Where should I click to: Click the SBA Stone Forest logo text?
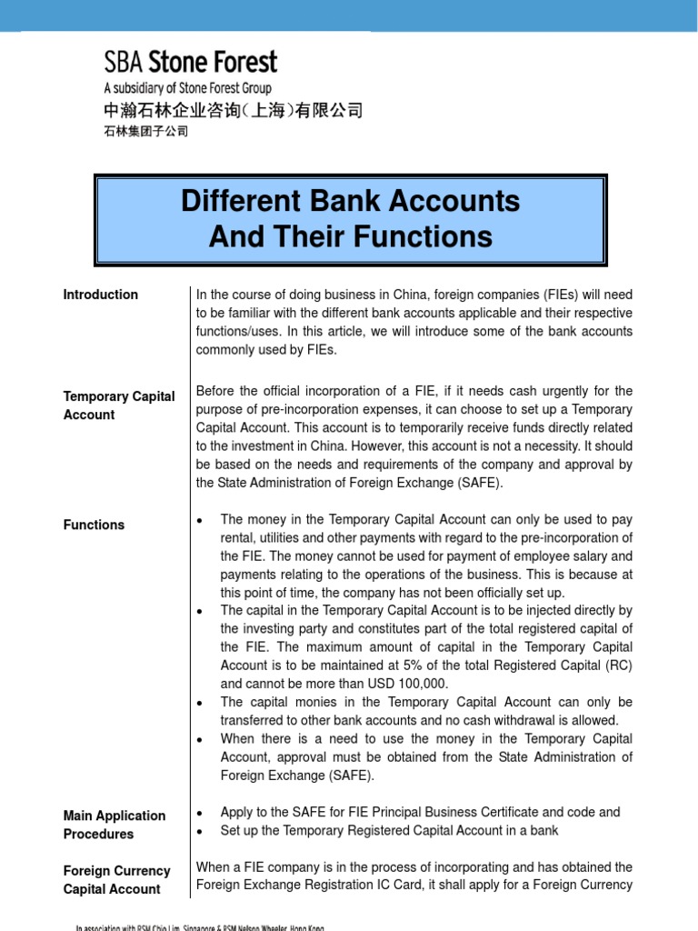point(190,63)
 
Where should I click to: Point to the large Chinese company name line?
point(233,111)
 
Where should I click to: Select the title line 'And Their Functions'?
point(351,237)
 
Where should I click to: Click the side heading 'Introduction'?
point(101,295)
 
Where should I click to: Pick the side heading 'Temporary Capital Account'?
point(119,405)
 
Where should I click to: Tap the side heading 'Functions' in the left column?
point(95,525)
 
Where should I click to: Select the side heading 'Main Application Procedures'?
point(115,825)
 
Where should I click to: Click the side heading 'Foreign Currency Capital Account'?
point(117,880)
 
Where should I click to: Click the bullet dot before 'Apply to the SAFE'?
point(200,813)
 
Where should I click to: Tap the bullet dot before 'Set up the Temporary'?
point(200,831)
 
